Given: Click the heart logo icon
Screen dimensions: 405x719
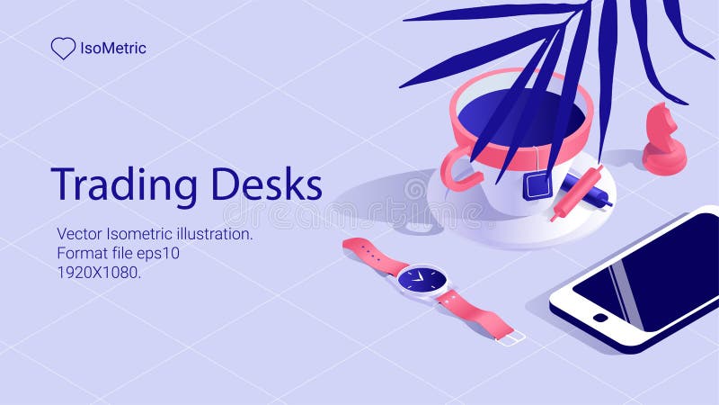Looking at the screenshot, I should tap(63, 49).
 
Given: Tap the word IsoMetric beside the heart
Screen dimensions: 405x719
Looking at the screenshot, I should tap(113, 49).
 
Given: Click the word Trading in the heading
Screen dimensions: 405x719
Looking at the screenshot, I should tap(124, 184).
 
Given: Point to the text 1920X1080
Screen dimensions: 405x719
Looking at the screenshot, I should tap(99, 272).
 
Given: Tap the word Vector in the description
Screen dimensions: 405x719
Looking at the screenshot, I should tap(78, 234).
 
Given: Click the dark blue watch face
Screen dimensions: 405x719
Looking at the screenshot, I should tap(421, 280).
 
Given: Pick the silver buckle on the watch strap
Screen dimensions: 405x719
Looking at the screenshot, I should tap(510, 338).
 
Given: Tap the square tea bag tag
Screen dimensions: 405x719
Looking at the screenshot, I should tap(537, 185).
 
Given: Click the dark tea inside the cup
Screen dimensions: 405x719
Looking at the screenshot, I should tap(490, 112).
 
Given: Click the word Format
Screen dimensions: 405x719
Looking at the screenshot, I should tap(82, 253).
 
